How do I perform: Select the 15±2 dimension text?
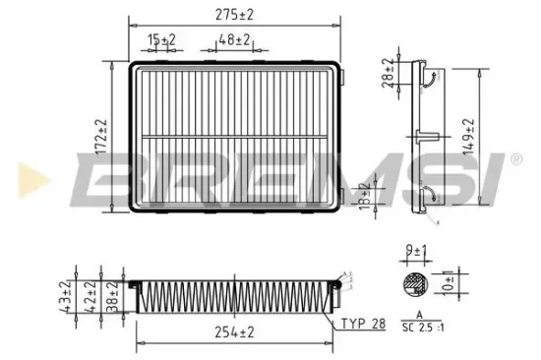coord(162,39)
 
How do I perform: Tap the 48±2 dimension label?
coord(233,39)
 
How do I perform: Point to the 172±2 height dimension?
coord(100,137)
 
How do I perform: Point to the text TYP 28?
coord(363,322)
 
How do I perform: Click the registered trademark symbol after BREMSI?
coord(514,158)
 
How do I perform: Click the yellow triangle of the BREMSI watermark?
coord(25,180)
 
